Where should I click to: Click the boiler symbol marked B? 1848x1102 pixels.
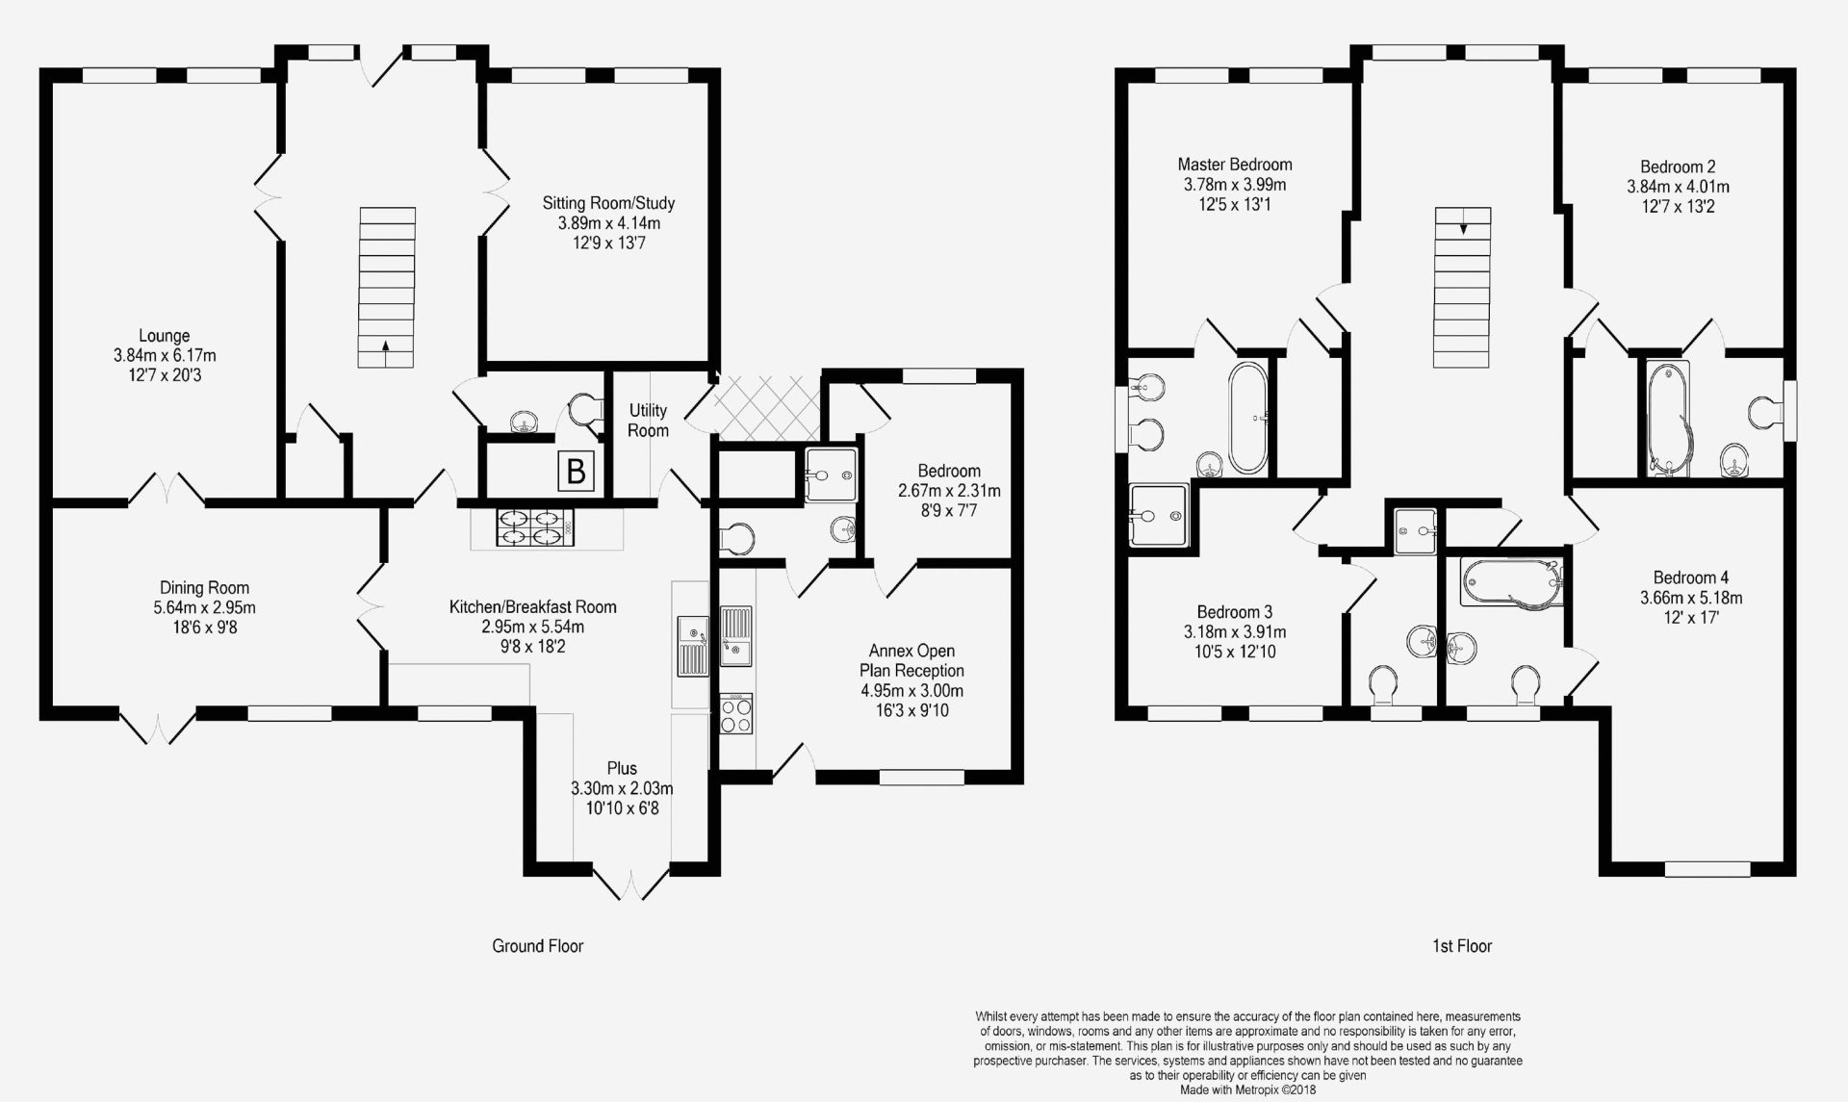coord(576,472)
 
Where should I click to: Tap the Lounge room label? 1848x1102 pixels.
coord(164,336)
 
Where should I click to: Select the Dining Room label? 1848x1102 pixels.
coord(204,587)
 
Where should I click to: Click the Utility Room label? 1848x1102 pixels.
coord(648,421)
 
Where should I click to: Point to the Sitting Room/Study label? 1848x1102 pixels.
coord(608,203)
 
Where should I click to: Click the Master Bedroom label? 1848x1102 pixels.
coord(1235,165)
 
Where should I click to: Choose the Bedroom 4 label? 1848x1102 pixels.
coord(1691,577)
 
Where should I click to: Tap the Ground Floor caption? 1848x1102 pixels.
coord(538,945)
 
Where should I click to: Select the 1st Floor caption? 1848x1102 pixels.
coord(1461,945)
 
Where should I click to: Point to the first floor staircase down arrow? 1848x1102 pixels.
coord(1463,228)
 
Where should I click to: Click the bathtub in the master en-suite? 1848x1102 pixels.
coord(1247,418)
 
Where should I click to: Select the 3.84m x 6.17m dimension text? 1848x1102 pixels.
coord(164,356)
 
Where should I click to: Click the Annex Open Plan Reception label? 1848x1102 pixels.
coord(911,660)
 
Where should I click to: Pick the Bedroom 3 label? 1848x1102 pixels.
coord(1235,612)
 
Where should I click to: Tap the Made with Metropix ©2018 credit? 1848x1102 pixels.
coord(1247,1090)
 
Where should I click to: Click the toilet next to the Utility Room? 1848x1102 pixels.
coord(582,411)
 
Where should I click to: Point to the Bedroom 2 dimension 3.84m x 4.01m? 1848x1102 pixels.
coord(1678,187)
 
